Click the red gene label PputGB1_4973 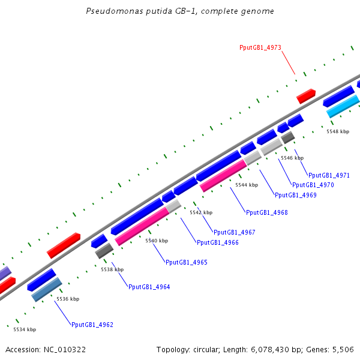click(260, 47)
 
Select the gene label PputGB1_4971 click(329, 175)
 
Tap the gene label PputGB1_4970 click(313, 185)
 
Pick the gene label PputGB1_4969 click(296, 195)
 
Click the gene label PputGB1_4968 click(266, 212)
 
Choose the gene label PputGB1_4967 click(235, 232)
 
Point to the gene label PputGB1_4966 click(218, 242)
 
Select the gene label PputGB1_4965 click(187, 262)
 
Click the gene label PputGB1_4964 click(149, 287)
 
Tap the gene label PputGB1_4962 click(92, 325)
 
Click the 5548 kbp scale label click(337, 131)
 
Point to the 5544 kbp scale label click(246, 185)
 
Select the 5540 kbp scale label click(157, 241)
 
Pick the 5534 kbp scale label click(25, 329)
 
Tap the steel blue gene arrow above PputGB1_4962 click(47, 289)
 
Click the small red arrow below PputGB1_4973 click(306, 95)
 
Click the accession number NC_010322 click(65, 349)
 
